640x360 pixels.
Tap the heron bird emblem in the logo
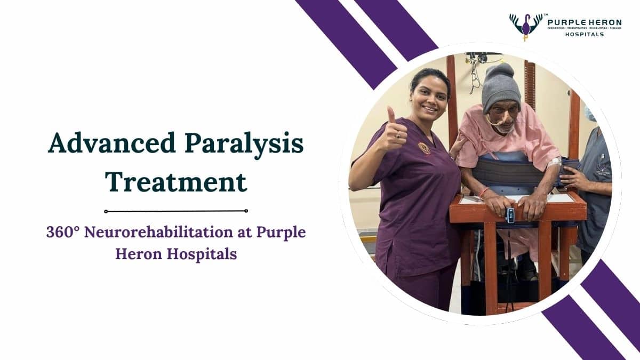526,26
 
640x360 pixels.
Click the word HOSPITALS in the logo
585,34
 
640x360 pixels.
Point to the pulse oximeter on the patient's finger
510,215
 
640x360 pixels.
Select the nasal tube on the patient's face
499,123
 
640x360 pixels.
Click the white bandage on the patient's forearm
556,162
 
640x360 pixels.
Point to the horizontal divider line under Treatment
176,211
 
